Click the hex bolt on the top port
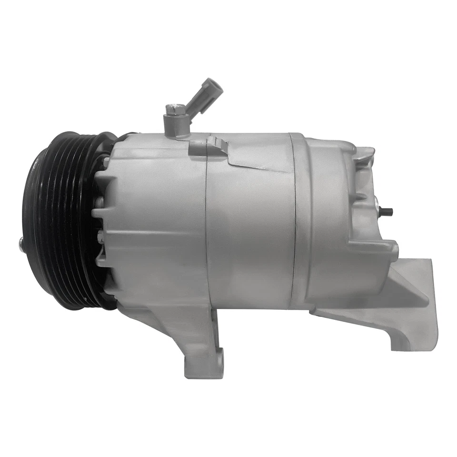point(172,110)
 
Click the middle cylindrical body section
point(250,228)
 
